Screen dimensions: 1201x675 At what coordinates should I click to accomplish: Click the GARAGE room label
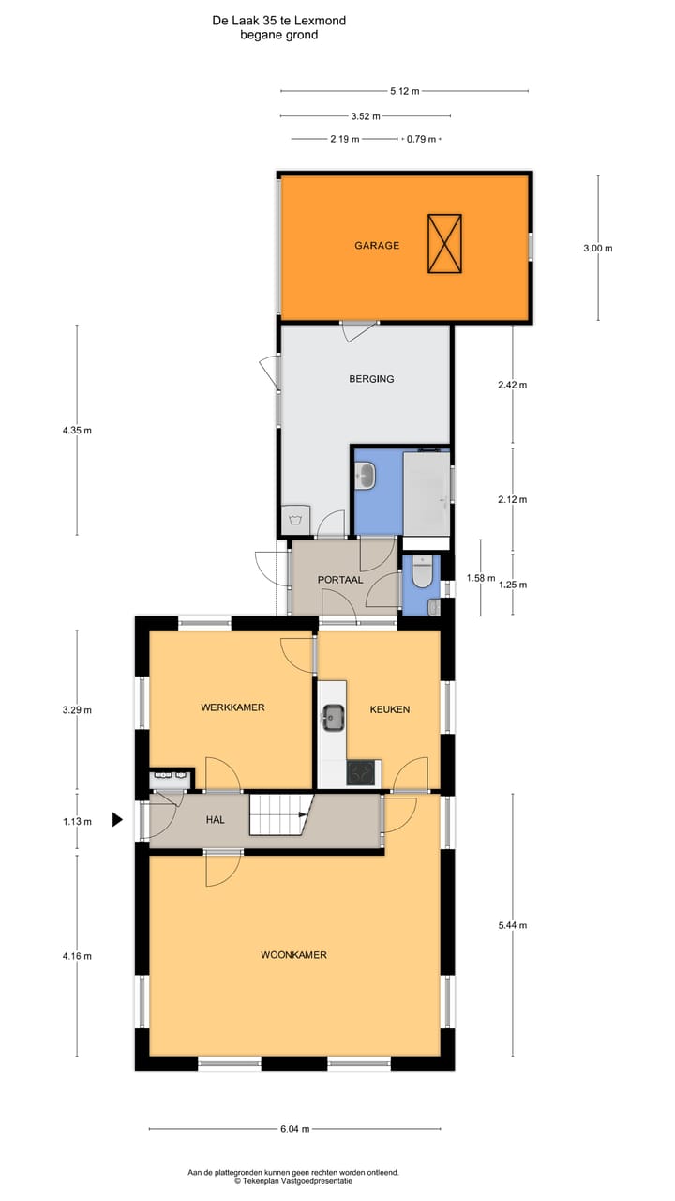tap(377, 246)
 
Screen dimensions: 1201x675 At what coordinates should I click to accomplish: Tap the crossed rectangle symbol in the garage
tap(444, 244)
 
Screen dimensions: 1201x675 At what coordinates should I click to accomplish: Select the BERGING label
tap(371, 379)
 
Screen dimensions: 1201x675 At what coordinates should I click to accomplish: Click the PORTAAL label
tap(340, 580)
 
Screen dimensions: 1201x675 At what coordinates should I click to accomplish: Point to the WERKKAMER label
tap(232, 708)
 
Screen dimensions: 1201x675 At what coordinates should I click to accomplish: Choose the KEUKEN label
tap(389, 709)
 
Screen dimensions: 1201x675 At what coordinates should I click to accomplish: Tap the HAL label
tap(216, 819)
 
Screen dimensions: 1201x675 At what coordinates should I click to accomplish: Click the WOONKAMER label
tap(293, 955)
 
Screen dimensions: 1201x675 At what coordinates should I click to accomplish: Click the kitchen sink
tap(332, 718)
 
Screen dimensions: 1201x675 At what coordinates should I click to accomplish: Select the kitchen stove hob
tap(361, 772)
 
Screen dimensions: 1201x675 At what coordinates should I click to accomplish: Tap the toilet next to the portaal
tap(422, 571)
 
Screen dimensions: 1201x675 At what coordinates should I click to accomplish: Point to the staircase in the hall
tap(277, 814)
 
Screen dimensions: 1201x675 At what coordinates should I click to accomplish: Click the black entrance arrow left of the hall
tap(117, 820)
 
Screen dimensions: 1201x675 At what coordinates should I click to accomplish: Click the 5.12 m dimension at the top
tap(404, 91)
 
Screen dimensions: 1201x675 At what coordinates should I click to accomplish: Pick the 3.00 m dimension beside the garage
tap(597, 249)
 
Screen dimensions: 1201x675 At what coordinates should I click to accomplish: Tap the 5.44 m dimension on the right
tap(512, 925)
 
